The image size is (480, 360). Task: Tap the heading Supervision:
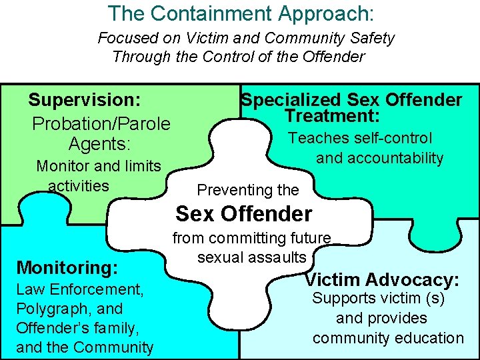click(x=84, y=101)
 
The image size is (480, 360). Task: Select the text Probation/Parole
click(x=101, y=124)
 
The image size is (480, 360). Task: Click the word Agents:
click(x=100, y=144)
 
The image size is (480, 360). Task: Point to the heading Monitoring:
click(x=67, y=268)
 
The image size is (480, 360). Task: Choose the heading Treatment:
click(x=332, y=116)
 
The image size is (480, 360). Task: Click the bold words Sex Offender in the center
click(x=243, y=214)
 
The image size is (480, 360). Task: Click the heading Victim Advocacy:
click(x=382, y=280)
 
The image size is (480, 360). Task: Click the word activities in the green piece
click(x=79, y=185)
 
